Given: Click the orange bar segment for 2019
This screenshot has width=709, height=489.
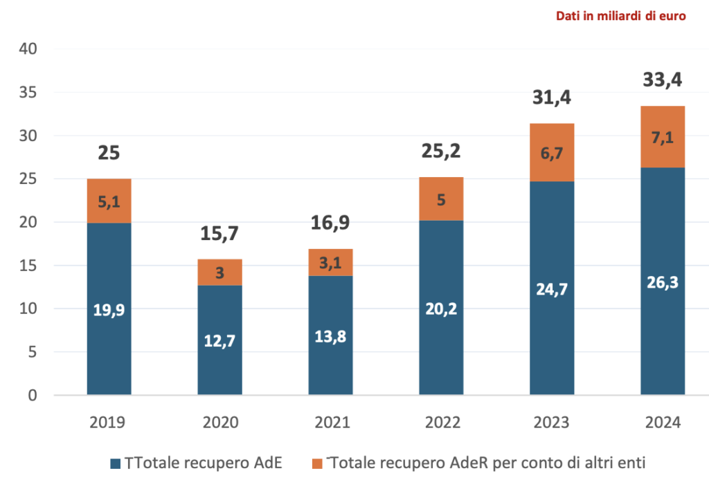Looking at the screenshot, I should [109, 201].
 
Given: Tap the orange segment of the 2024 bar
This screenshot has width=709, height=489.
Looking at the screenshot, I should [662, 136].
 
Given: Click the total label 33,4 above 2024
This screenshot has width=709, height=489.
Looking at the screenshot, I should [662, 80].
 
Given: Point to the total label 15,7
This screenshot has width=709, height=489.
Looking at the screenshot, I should [219, 234].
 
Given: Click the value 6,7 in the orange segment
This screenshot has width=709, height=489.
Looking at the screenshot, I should [552, 154].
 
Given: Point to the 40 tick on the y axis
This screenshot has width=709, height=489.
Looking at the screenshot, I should [28, 49].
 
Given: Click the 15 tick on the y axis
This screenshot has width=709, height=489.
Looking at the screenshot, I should [28, 266].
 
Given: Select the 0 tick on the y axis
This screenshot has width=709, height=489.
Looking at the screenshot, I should [32, 396].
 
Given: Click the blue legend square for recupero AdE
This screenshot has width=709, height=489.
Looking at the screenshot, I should [116, 463].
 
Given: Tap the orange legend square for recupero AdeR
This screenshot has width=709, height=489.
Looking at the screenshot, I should [318, 463].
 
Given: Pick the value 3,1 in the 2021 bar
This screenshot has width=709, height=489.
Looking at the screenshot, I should [330, 263].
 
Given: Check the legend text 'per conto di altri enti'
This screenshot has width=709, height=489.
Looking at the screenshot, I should [575, 463].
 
